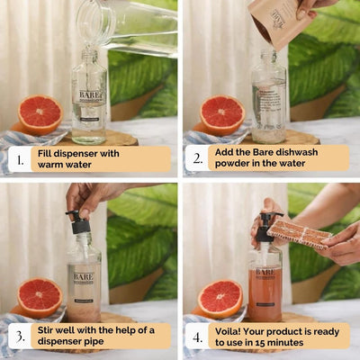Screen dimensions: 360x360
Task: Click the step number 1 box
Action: pos(17,159)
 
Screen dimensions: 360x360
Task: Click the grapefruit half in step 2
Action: pos(221,114)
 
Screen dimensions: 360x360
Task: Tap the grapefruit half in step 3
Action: pos(40,296)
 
